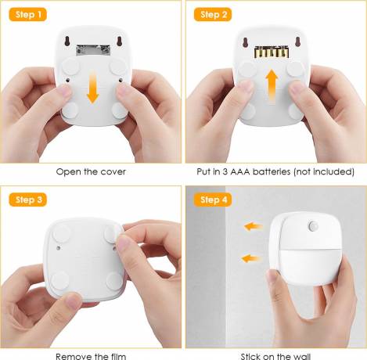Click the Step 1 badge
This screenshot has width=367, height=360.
pyautogui.click(x=28, y=14)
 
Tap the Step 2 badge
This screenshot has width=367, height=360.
pyautogui.click(x=213, y=14)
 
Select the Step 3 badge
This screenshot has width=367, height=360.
pyautogui.click(x=28, y=200)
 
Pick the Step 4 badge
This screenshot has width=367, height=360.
pyautogui.click(x=213, y=200)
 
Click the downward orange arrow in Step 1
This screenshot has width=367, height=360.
pyautogui.click(x=92, y=88)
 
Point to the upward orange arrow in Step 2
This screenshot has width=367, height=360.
pyautogui.click(x=272, y=87)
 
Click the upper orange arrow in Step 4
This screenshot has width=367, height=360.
pyautogui.click(x=253, y=226)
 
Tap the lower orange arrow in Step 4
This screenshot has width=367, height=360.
pyautogui.click(x=250, y=259)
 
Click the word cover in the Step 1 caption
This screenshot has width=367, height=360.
pyautogui.click(x=113, y=171)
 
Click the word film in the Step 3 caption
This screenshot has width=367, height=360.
pyautogui.click(x=117, y=356)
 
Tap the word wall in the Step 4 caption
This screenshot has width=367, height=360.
pyautogui.click(x=300, y=356)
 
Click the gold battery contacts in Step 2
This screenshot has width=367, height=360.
pyautogui.click(x=272, y=52)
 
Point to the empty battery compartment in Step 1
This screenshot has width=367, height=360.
pyautogui.click(x=93, y=50)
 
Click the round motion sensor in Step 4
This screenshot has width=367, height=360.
pyautogui.click(x=312, y=226)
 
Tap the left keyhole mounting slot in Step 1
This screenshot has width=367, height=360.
pyautogui.click(x=67, y=41)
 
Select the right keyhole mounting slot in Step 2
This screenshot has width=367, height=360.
pyautogui.click(x=298, y=41)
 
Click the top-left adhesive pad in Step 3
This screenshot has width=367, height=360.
pyautogui.click(x=61, y=233)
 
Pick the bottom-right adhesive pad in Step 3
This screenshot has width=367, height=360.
pyautogui.click(x=114, y=281)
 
